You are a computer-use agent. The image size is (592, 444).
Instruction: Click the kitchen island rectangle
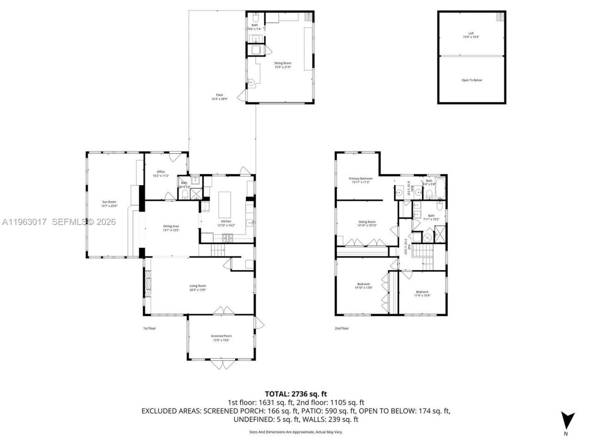(225, 205)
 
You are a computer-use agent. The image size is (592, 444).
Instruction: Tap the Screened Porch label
(221, 338)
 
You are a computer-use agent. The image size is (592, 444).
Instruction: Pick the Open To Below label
(471, 80)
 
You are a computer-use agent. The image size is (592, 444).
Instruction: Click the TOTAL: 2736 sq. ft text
(296, 394)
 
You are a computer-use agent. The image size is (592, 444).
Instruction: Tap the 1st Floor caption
(149, 328)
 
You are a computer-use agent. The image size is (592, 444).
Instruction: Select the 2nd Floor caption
(341, 328)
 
